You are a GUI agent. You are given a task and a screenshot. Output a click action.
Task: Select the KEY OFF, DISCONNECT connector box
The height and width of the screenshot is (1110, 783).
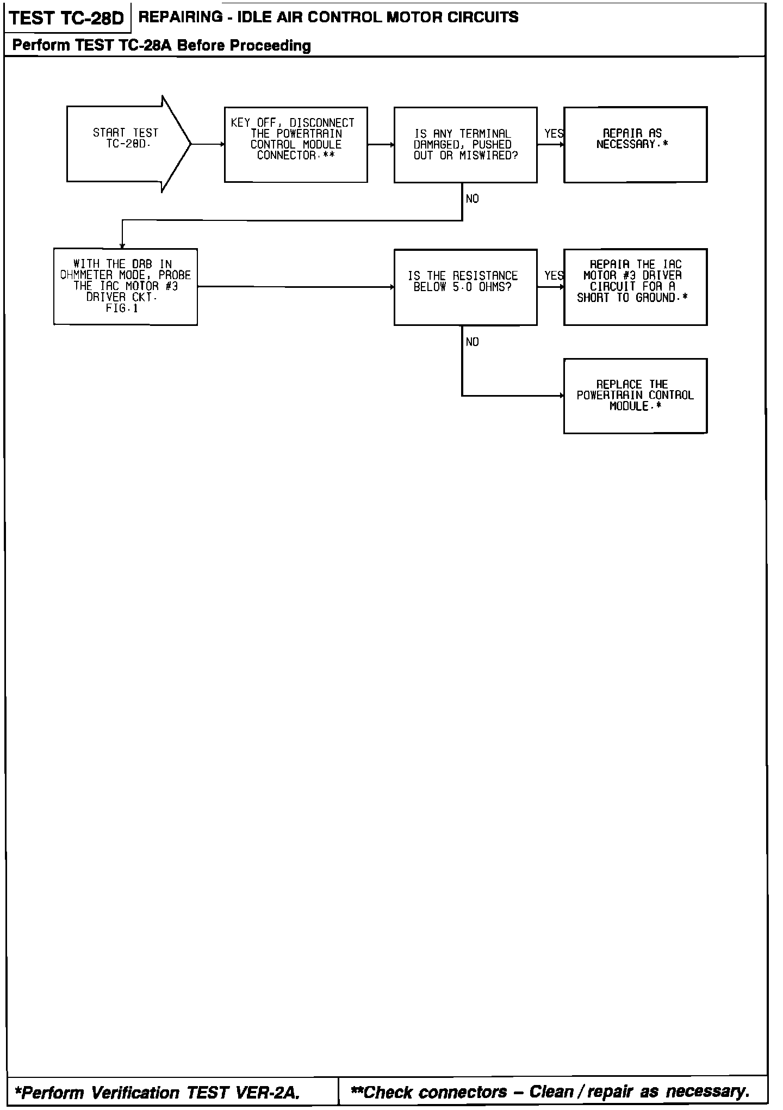pos(296,144)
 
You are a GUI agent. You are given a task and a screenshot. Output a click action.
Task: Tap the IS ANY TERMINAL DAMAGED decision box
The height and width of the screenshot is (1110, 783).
pos(465,144)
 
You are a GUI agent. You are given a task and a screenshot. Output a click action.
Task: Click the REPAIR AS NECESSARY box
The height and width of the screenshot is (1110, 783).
pos(635,144)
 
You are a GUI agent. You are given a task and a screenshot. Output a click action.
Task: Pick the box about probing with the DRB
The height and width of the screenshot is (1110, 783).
pos(126,287)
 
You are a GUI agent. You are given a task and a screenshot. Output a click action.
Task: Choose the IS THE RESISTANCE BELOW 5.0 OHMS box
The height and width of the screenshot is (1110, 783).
pos(465,287)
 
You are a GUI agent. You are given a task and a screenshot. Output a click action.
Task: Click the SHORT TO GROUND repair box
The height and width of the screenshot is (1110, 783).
pos(635,287)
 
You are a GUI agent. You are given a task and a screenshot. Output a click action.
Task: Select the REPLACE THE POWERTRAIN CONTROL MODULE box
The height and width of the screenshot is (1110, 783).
pos(635,396)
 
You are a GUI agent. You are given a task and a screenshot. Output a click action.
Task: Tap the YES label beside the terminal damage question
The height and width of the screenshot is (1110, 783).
pos(554,134)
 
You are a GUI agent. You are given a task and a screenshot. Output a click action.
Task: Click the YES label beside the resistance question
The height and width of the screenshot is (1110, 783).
pos(554,276)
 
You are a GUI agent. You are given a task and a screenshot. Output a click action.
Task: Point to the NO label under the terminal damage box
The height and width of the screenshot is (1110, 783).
pos(472,199)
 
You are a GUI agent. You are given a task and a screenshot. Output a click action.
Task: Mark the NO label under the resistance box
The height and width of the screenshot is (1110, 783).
pos(472,342)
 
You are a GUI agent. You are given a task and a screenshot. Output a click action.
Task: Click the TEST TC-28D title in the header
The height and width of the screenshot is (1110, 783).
pos(67,18)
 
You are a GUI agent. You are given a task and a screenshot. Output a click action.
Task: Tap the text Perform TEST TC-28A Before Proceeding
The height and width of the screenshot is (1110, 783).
pos(161,46)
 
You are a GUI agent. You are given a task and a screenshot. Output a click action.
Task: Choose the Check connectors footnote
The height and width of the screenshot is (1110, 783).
pos(550,1091)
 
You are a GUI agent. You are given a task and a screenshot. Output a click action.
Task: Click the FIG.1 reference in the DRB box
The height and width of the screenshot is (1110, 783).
pos(122,309)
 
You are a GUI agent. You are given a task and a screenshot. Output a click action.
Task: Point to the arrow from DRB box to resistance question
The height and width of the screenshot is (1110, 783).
pos(296,287)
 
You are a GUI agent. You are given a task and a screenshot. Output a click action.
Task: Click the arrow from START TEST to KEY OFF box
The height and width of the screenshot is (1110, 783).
pos(208,144)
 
